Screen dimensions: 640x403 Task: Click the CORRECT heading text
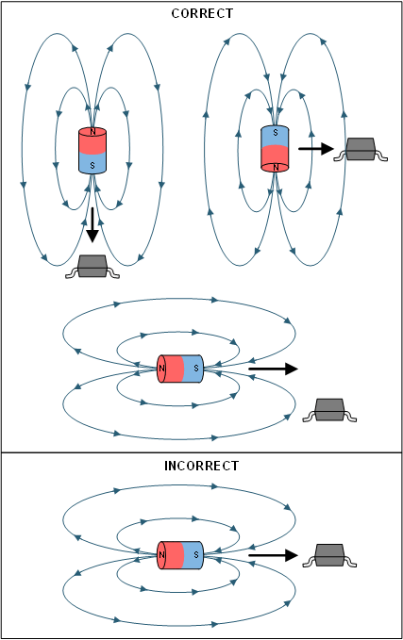(201, 14)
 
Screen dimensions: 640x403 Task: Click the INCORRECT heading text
(201, 466)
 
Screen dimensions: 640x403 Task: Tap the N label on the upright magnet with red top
(92, 132)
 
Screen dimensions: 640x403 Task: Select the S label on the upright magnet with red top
(92, 165)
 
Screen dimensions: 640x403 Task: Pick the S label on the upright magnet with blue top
(275, 133)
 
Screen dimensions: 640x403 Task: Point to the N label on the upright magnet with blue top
(275, 167)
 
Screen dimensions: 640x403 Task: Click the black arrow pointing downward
(92, 229)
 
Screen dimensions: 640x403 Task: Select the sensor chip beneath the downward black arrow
(92, 267)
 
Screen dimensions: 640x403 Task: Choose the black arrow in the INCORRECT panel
(274, 556)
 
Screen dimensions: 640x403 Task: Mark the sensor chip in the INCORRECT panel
(328, 555)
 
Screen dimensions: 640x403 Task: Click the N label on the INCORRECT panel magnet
(161, 556)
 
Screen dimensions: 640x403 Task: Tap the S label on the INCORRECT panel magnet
(195, 556)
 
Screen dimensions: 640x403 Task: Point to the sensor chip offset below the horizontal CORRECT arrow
(328, 410)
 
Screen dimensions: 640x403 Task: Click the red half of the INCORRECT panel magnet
(172, 556)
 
